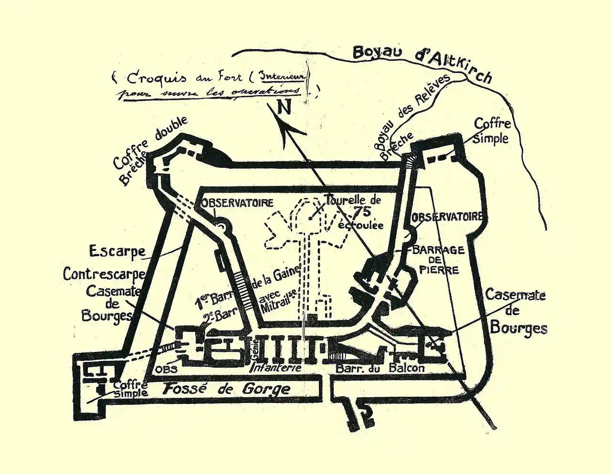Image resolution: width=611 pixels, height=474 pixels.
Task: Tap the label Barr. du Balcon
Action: [x=380, y=368]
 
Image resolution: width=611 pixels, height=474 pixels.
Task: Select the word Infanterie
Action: [x=276, y=368]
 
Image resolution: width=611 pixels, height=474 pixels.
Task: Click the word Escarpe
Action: [x=117, y=251]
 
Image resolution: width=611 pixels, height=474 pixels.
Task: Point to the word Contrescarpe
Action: [x=104, y=274]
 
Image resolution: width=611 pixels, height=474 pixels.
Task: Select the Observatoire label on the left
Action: [x=237, y=202]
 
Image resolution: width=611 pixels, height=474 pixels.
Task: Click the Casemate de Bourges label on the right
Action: [x=517, y=311]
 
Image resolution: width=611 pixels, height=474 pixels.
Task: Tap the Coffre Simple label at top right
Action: [x=492, y=131]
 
